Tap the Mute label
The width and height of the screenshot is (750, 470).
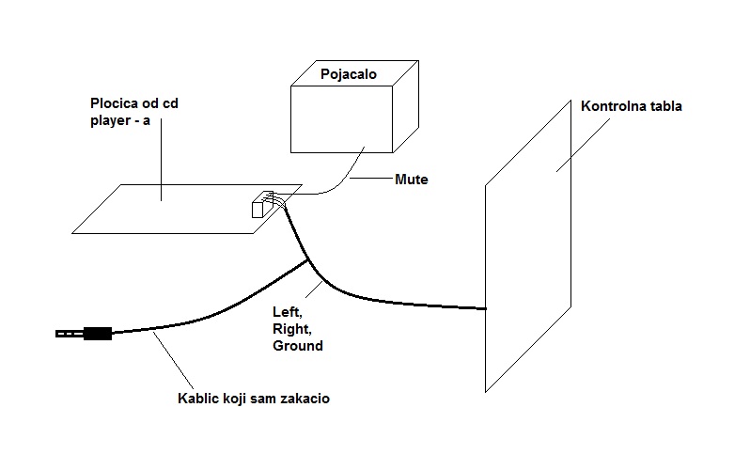412,179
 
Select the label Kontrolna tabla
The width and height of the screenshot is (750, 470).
631,106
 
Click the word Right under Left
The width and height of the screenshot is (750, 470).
289,328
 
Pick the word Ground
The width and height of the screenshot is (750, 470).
297,345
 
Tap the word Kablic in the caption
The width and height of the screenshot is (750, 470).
199,399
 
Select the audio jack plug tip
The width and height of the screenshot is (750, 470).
61,333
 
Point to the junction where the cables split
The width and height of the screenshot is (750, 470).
308,260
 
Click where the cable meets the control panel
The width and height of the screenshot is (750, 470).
486,308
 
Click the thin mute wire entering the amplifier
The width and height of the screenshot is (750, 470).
356,160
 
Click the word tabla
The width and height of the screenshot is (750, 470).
665,106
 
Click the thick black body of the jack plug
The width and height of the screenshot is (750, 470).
98,333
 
